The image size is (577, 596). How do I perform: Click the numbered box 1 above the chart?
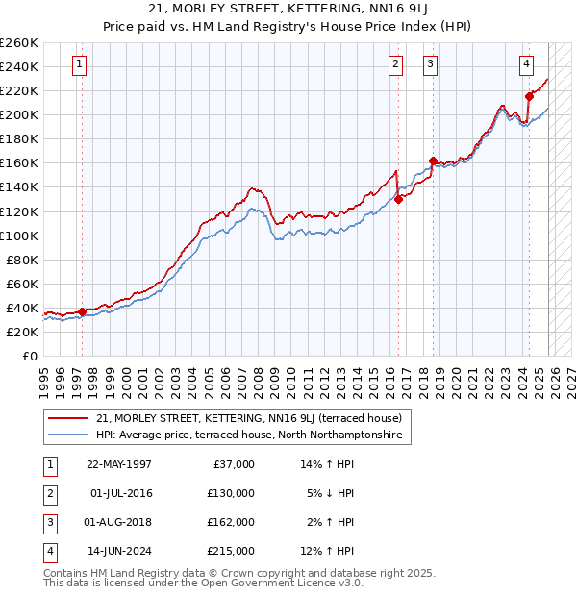pyautogui.click(x=79, y=65)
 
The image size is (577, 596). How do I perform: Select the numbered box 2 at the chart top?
pyautogui.click(x=395, y=65)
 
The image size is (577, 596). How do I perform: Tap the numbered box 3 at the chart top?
pyautogui.click(x=430, y=65)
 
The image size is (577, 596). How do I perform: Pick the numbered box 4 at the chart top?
pyautogui.click(x=527, y=65)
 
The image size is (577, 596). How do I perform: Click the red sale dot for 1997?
pyautogui.click(x=83, y=311)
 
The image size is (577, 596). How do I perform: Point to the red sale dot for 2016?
pyautogui.click(x=398, y=200)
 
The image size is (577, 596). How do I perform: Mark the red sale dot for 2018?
pyautogui.click(x=433, y=161)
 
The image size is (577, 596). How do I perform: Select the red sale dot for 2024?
pyautogui.click(x=529, y=96)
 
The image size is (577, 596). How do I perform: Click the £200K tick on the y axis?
pyautogui.click(x=18, y=114)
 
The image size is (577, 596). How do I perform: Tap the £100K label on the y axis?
pyautogui.click(x=18, y=236)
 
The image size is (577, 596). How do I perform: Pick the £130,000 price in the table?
pyautogui.click(x=232, y=493)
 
